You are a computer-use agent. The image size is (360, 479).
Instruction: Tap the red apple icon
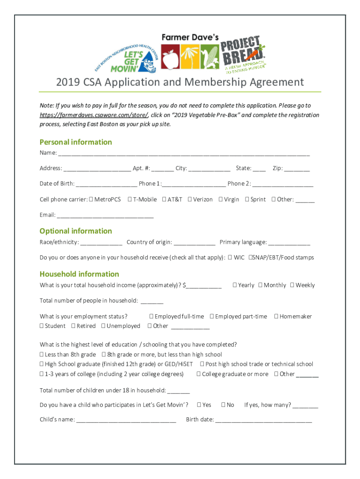[170, 57]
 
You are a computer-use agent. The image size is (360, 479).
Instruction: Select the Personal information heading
[76, 142]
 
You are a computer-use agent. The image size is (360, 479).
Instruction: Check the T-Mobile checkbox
[130, 200]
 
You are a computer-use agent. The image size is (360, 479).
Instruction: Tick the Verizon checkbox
[190, 200]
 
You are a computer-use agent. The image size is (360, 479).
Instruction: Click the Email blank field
[105, 216]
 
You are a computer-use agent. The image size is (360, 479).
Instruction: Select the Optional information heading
[76, 231]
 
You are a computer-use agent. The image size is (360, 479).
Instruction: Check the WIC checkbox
[230, 258]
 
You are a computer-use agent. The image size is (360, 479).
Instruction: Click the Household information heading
[79, 274]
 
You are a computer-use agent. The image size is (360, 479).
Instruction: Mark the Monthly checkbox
[260, 285]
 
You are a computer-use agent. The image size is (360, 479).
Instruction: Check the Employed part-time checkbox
[212, 317]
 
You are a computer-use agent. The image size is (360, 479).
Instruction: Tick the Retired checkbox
[73, 326]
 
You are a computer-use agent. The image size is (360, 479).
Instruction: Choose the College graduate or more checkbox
[199, 374]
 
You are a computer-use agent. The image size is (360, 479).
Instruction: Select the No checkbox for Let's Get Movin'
[223, 405]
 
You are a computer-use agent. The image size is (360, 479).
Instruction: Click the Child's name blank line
[126, 420]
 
